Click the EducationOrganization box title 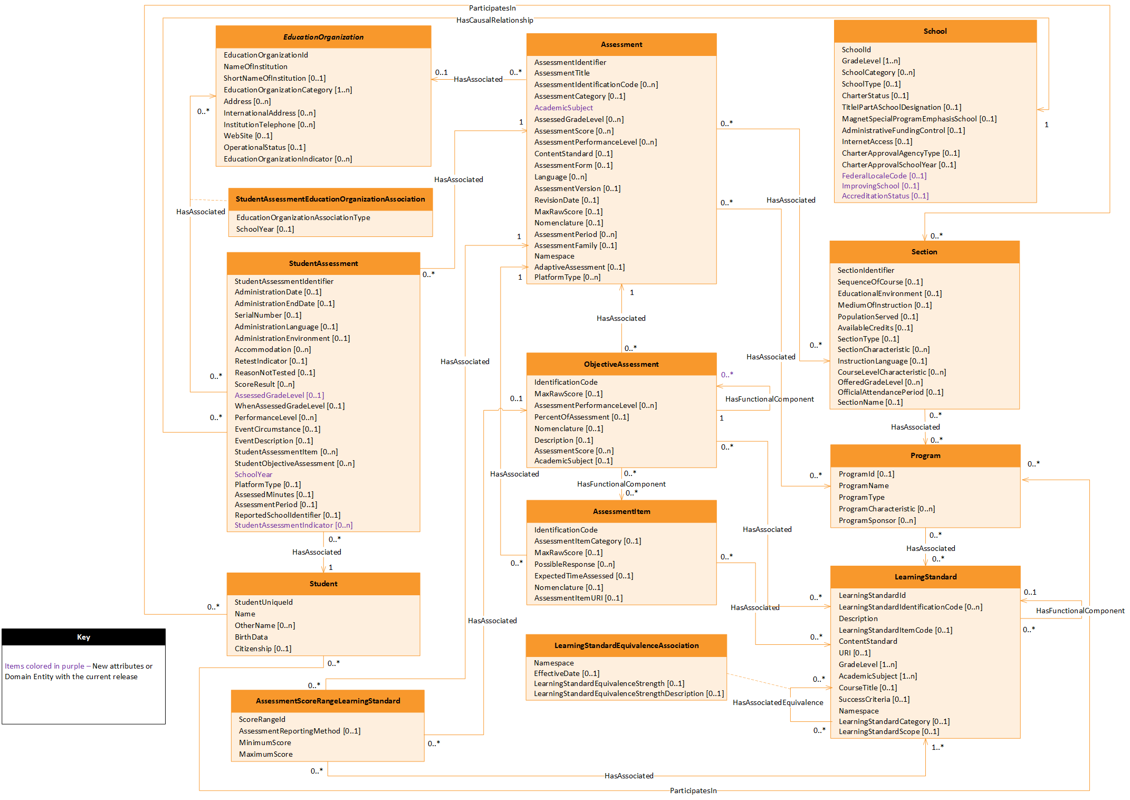[323, 37]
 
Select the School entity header [935, 31]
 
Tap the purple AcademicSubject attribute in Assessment [563, 108]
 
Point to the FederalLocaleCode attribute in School [884, 176]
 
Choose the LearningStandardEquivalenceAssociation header [626, 645]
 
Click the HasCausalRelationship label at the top [494, 20]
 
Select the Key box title [83, 637]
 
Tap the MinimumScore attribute [265, 742]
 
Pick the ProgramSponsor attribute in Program [877, 520]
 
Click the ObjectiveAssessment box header [621, 364]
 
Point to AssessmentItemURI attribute [578, 598]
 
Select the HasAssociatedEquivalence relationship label [778, 702]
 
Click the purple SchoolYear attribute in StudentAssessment [253, 474]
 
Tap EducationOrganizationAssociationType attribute [303, 217]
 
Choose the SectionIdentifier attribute [866, 270]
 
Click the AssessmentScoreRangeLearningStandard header [328, 701]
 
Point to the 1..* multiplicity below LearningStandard [937, 747]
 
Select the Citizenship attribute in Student [263, 649]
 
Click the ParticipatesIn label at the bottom [693, 791]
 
